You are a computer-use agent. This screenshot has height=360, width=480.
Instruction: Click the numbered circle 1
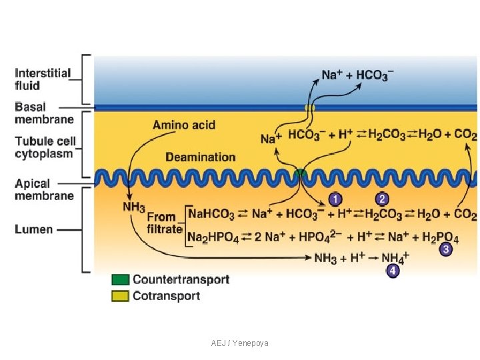335,199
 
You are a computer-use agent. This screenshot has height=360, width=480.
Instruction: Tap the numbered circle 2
382,199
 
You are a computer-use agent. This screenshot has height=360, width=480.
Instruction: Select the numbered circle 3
446,249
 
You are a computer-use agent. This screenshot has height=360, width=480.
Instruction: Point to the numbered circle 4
393,271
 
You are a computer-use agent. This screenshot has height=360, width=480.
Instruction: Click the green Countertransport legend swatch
120,279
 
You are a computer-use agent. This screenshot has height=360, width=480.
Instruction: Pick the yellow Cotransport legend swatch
120,296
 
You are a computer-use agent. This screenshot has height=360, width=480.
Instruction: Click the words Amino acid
184,125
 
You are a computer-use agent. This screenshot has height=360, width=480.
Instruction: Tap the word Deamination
201,157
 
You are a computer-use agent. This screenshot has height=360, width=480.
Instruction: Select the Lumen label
34,229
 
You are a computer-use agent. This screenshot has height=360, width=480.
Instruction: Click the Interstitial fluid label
43,79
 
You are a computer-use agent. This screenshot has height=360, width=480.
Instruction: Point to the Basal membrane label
44,113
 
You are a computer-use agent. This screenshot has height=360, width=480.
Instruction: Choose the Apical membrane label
44,189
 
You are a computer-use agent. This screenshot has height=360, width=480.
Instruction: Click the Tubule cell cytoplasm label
45,147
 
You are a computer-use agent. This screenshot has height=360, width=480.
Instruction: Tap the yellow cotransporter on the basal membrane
309,107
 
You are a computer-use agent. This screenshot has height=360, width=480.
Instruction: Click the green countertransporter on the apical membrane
300,173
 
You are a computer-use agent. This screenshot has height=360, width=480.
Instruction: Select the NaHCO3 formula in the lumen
211,214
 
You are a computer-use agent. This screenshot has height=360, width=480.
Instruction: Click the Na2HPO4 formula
213,237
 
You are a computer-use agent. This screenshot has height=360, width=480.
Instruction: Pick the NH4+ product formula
395,258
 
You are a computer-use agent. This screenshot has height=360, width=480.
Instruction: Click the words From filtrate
165,223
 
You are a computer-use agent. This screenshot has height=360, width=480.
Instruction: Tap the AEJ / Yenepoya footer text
240,343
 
